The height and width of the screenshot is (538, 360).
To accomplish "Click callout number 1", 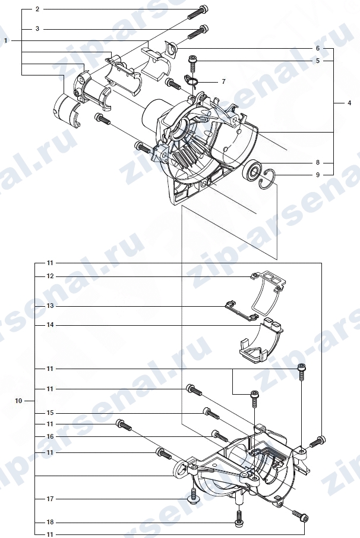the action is pos(5,40).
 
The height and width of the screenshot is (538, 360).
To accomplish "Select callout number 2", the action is pos(37,10).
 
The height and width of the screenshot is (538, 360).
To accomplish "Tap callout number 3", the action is pos(37,29).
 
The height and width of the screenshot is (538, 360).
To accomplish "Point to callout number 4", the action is pos(349,103).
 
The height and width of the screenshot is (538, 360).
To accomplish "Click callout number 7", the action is pos(223,81).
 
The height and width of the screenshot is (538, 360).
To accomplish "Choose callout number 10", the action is pos(18,401).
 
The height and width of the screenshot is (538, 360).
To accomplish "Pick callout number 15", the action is pos(50,413).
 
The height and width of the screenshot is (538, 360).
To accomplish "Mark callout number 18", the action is pos(50,522).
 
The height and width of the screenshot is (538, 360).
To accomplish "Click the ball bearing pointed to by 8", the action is pos(252,171).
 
